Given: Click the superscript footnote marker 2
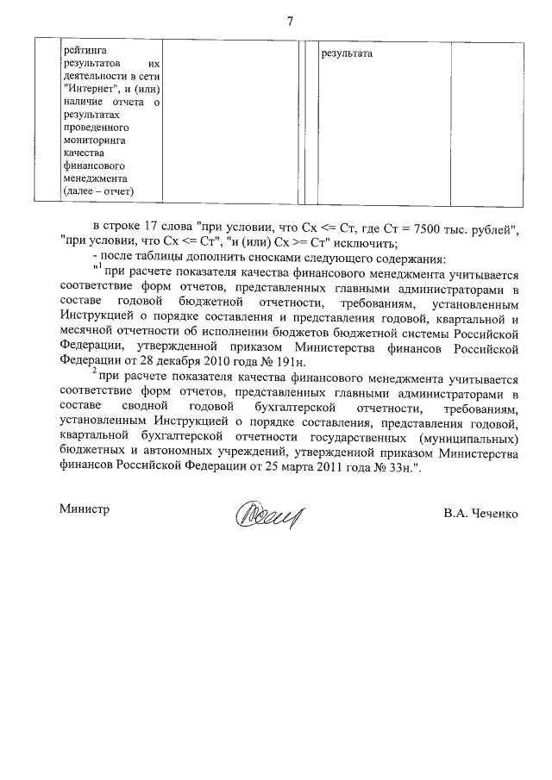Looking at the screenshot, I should coord(94,372).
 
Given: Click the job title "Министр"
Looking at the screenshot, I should coord(85,509).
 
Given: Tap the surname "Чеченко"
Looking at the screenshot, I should coord(494,514).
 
